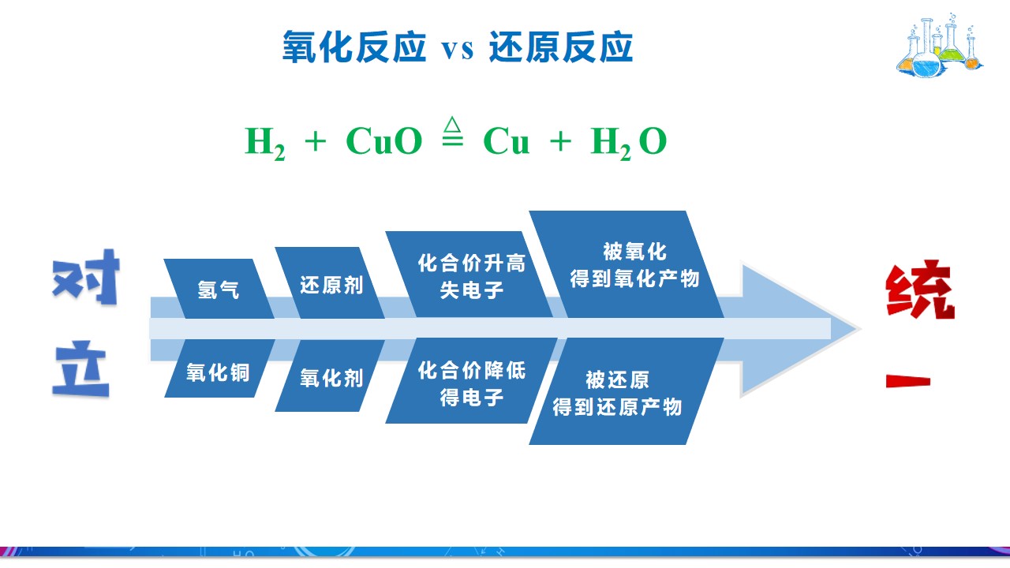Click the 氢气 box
pos(219,289)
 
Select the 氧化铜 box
pos(219,368)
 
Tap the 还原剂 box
pos(330,283)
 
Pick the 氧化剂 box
pos(330,376)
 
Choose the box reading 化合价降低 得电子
pos(471,381)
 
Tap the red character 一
pos(908,381)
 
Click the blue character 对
pos(86,277)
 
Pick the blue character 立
pos(81,368)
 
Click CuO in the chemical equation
pos(384,140)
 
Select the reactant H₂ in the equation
pos(264,143)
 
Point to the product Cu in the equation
pos(506,140)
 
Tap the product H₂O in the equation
pos(629,143)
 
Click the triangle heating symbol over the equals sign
pos(452,124)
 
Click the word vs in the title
pos(457,49)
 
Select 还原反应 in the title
pos(561,47)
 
